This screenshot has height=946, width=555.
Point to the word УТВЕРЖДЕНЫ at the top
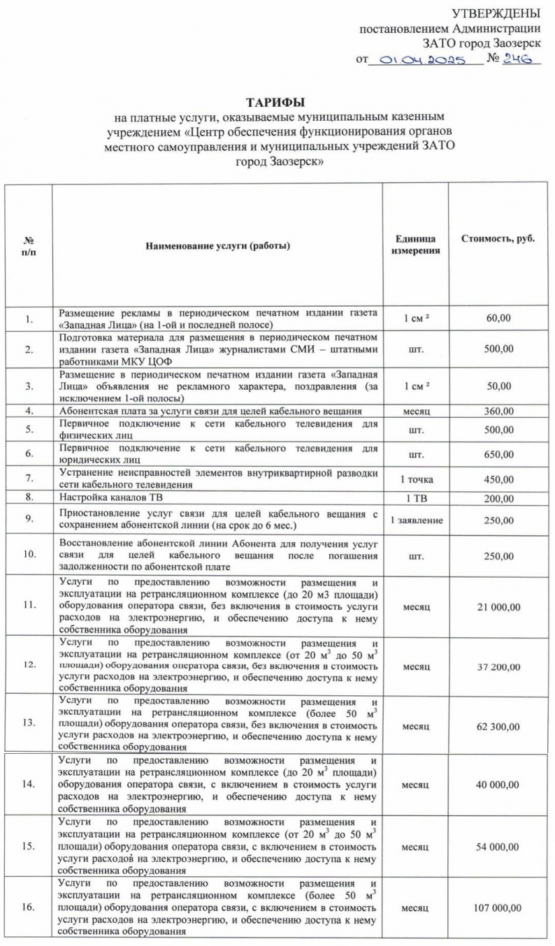pyautogui.click(x=496, y=13)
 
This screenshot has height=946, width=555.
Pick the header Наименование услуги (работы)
pyautogui.click(x=217, y=245)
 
